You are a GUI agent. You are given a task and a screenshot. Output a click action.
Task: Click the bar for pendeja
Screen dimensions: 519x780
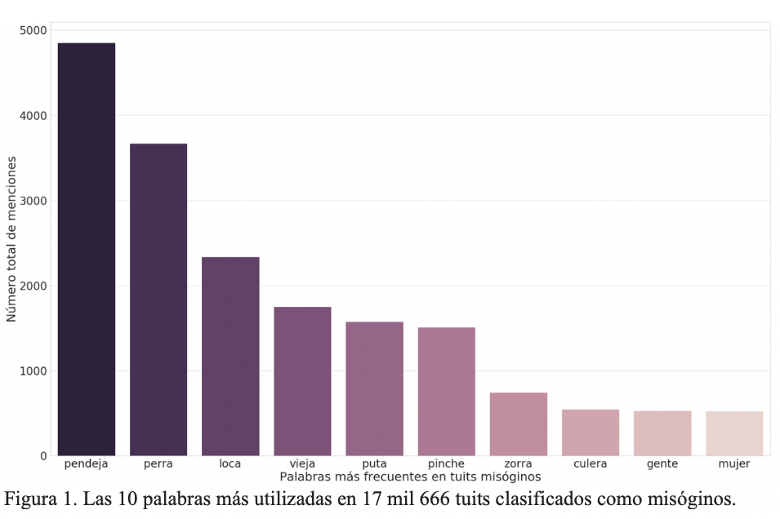point(87,249)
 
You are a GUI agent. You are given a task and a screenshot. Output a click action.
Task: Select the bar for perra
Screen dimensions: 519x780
point(158,299)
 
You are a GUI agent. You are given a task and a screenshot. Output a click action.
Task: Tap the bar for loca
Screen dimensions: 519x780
point(230,356)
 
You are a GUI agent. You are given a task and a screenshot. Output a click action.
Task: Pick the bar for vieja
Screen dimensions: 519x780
point(302,381)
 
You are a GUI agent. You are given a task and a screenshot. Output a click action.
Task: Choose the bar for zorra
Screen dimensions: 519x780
point(519,424)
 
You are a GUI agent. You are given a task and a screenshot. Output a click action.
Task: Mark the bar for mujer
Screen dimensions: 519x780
point(734,433)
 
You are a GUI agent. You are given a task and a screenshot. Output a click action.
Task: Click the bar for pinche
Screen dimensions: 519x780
point(446,391)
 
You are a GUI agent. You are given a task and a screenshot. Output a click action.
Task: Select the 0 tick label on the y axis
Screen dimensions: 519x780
point(42,456)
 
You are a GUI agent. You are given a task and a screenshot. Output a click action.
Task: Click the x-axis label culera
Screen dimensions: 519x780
point(590,464)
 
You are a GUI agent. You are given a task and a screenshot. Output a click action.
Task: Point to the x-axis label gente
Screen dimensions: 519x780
point(662,464)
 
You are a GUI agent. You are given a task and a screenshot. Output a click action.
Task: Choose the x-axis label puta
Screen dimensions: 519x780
point(374,464)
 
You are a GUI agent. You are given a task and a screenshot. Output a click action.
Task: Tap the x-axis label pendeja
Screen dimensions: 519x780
point(86,464)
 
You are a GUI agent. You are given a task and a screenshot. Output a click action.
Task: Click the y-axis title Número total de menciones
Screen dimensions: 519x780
point(11,242)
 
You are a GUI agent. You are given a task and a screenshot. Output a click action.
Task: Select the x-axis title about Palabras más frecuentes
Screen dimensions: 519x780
point(410,476)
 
